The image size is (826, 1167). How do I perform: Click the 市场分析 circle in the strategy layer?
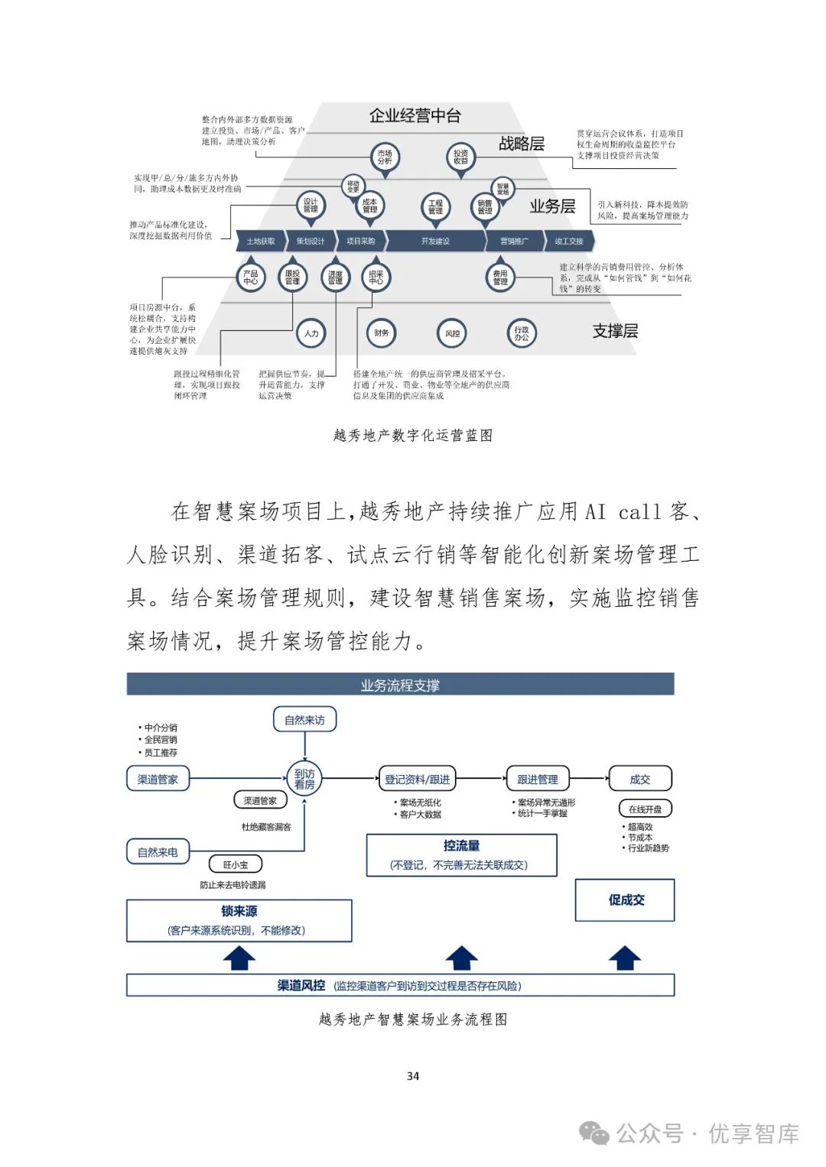point(385,157)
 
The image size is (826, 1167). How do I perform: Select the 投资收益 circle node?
point(460,157)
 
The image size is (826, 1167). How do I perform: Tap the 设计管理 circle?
point(311,205)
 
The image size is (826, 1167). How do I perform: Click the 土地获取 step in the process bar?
point(261,241)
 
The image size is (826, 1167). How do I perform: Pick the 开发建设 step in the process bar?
point(435,241)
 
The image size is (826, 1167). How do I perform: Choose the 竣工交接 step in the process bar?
point(569,241)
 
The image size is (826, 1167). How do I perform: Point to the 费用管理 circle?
point(500,277)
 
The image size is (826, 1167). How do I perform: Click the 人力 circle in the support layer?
point(311,333)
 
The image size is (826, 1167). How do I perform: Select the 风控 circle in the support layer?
point(453,333)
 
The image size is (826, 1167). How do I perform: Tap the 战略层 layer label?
point(522,144)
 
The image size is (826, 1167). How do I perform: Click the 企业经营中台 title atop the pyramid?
point(415,116)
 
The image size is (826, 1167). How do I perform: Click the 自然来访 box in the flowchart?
point(304,720)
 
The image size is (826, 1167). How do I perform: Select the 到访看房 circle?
point(304,779)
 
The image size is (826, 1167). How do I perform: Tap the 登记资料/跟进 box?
point(417,780)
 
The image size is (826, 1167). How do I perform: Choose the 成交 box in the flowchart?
point(640,780)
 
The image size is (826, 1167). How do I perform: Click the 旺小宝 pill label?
point(236,864)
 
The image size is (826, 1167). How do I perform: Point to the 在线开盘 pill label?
point(645,809)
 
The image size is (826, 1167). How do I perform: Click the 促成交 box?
point(626,900)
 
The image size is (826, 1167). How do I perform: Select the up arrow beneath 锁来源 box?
point(239,958)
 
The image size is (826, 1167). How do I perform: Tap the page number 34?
point(413,1076)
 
